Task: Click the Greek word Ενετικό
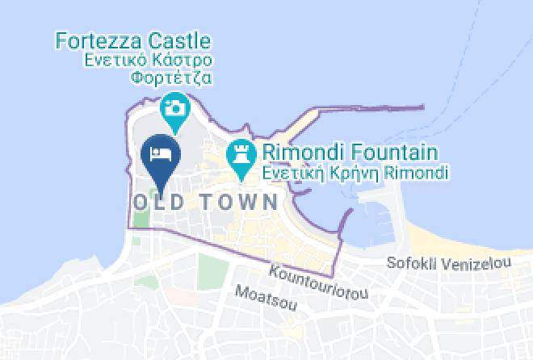[112, 61]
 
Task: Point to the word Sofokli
[409, 263]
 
